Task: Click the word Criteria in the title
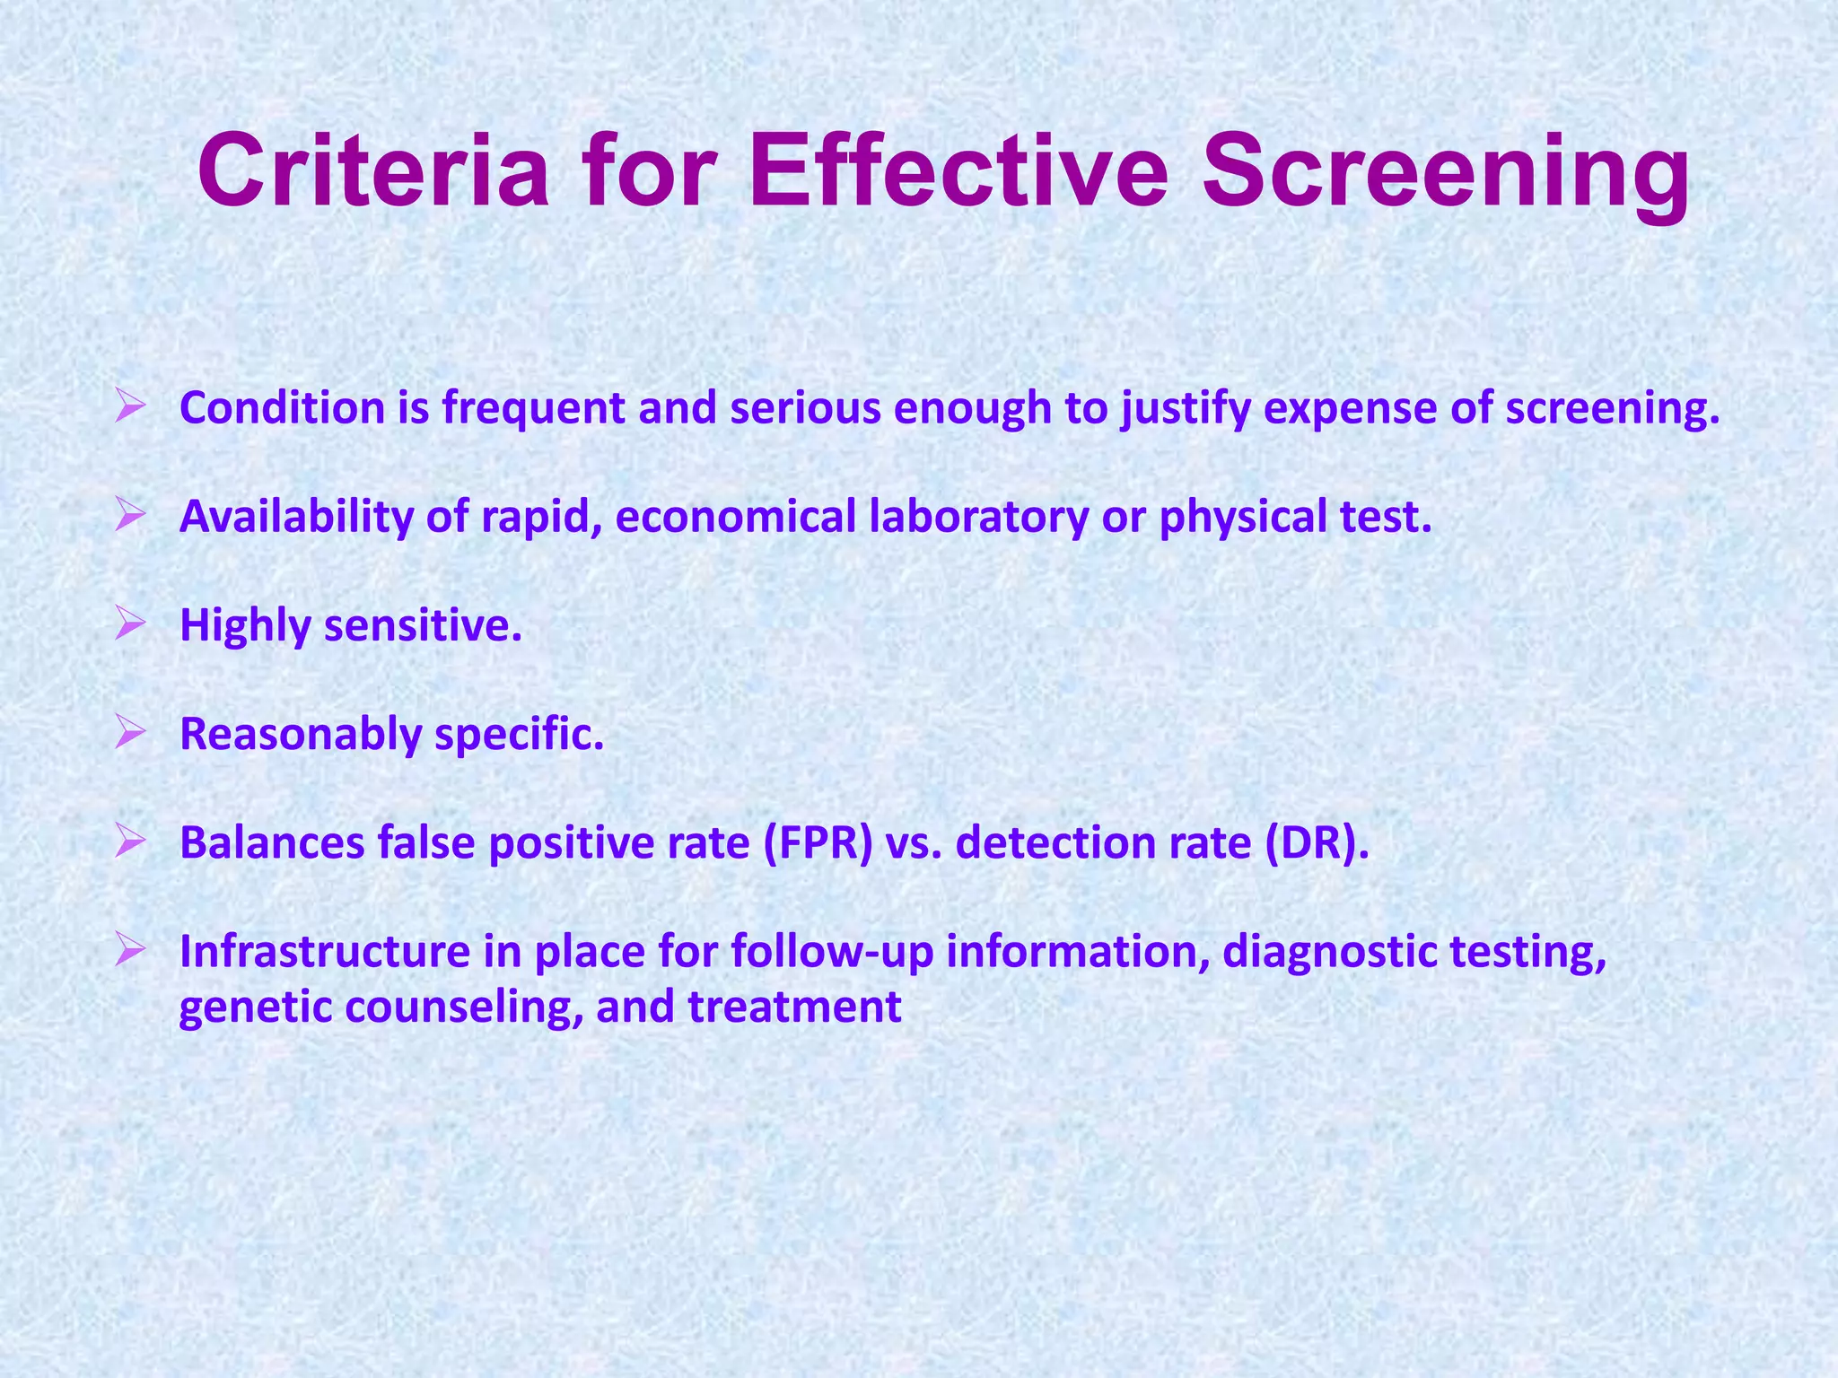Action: (x=372, y=170)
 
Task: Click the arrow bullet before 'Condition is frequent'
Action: (x=130, y=408)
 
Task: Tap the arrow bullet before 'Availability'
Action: (x=130, y=517)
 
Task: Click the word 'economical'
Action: (x=736, y=518)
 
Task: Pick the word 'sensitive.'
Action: (x=423, y=625)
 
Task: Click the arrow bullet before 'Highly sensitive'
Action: (x=130, y=625)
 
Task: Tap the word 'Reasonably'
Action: (x=301, y=735)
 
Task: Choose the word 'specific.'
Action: (x=520, y=735)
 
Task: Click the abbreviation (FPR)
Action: (x=818, y=843)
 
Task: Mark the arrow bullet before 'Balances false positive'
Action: (x=130, y=842)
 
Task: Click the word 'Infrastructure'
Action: (x=325, y=952)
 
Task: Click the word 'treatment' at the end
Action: (x=794, y=1007)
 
